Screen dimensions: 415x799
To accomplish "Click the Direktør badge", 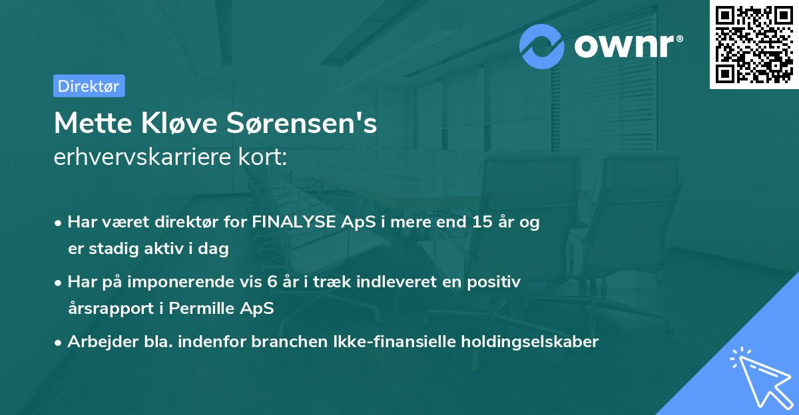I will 89,86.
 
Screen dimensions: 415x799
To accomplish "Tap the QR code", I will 754,45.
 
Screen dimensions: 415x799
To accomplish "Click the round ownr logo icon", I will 543,47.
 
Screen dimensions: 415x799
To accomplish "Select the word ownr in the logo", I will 627,47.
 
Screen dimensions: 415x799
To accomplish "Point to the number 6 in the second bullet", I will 272,282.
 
